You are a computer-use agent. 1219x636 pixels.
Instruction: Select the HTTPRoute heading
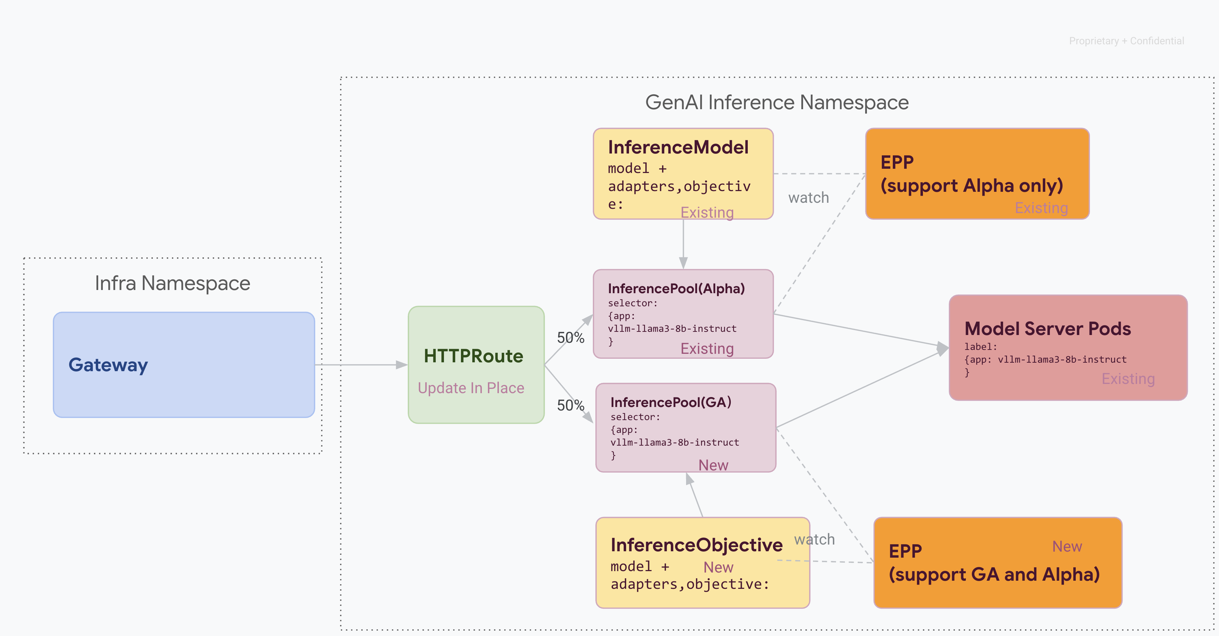(x=473, y=356)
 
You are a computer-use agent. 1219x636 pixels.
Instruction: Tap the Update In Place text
(x=471, y=388)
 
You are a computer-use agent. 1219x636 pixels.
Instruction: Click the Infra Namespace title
(x=172, y=283)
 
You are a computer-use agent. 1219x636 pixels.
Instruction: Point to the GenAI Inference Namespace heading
(x=777, y=102)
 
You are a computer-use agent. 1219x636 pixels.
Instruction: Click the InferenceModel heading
(x=678, y=147)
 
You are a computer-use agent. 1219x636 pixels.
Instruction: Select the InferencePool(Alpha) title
(x=676, y=288)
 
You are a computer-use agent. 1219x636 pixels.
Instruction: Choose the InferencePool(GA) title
(x=670, y=402)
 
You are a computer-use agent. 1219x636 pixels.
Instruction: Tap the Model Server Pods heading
(x=1047, y=328)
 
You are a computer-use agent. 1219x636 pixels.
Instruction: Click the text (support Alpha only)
(x=971, y=185)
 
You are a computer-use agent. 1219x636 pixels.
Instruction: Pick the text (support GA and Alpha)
(x=994, y=574)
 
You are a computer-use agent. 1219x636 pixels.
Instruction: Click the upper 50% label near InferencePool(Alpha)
(x=570, y=337)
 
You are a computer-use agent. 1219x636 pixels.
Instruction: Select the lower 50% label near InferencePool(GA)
(x=570, y=405)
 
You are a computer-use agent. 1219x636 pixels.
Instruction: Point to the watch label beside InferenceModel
(x=808, y=197)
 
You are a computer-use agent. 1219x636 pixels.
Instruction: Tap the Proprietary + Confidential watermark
(x=1126, y=41)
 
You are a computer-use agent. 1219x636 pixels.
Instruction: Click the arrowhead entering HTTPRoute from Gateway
(x=402, y=365)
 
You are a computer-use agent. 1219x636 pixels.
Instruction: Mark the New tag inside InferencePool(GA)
(x=713, y=465)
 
